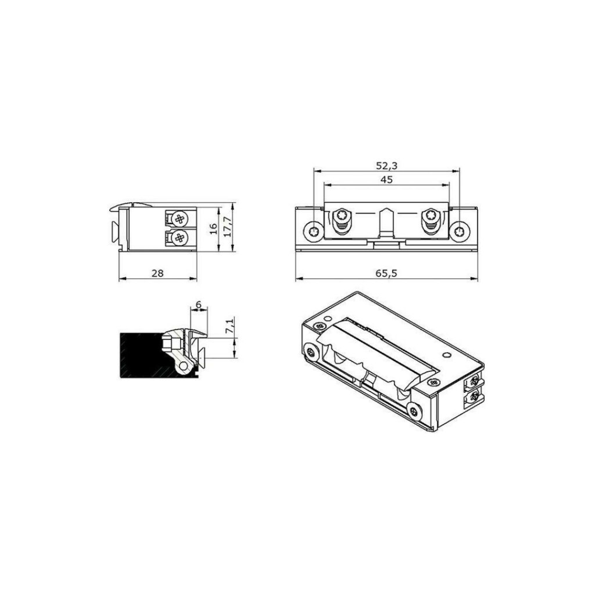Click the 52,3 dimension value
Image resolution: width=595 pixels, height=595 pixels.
click(386, 166)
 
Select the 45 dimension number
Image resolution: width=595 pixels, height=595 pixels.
click(386, 180)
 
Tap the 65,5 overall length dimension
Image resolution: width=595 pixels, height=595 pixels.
click(386, 273)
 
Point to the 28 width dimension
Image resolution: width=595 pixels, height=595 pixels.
click(158, 273)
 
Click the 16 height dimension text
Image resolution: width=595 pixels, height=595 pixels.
click(214, 229)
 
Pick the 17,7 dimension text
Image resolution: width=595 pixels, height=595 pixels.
click(228, 227)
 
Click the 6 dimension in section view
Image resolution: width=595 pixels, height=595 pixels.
click(199, 305)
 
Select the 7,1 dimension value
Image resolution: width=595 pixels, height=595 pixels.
click(230, 326)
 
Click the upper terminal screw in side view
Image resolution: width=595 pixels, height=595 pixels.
click(180, 219)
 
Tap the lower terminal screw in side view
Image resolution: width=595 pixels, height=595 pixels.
click(180, 238)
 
